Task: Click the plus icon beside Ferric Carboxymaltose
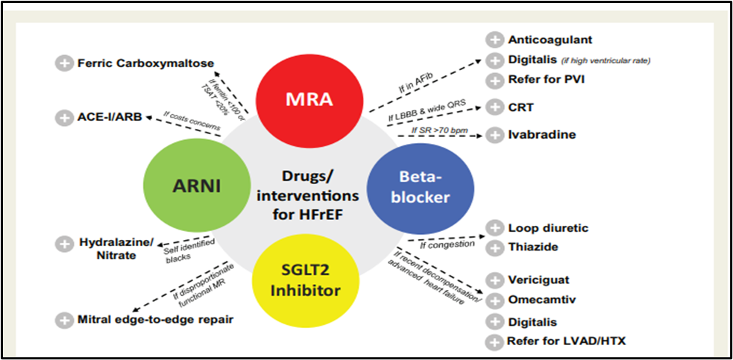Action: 64,63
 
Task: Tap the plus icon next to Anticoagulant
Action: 494,40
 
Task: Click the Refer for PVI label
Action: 543,80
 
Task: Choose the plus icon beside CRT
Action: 494,107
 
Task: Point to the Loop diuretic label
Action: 548,228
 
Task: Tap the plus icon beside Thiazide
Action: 494,247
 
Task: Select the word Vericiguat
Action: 538,280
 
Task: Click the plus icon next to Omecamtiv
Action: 494,300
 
